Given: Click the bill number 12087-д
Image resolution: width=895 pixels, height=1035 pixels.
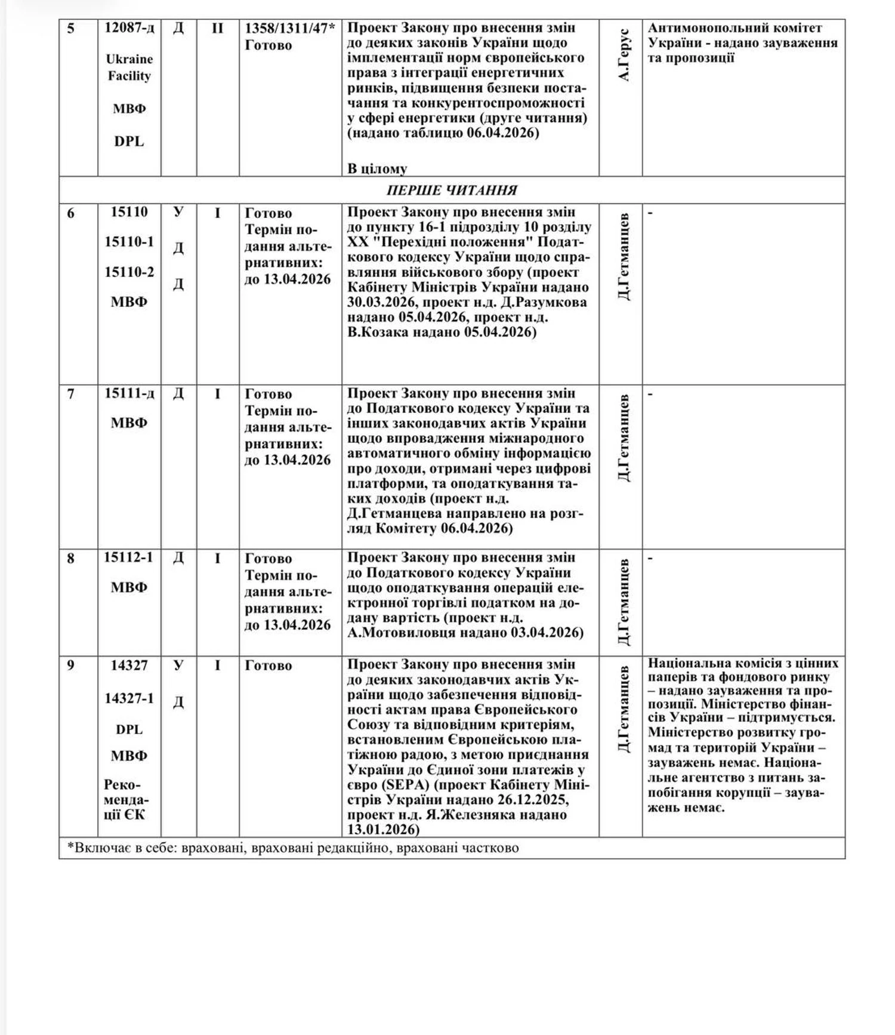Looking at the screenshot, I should (x=129, y=28).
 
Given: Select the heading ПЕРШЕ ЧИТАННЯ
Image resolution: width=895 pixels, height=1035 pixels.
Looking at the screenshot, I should (x=452, y=190).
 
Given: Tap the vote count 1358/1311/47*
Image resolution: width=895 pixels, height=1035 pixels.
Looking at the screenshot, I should (x=290, y=28).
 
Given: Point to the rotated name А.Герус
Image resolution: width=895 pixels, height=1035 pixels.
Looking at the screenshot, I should (x=624, y=54).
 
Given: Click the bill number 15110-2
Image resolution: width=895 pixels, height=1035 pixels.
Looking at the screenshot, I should (x=129, y=272).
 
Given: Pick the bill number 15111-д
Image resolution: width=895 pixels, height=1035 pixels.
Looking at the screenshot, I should (x=129, y=393).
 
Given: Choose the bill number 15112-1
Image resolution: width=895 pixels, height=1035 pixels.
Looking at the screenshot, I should (x=129, y=557).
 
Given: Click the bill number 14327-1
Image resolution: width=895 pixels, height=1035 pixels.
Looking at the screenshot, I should (x=129, y=698).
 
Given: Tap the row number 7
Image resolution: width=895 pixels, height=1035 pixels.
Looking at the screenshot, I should (x=71, y=394).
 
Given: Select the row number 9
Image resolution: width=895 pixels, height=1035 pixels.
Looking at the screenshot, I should (x=71, y=665).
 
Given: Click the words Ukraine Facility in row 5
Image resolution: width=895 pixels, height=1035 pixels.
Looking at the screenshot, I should (x=129, y=67).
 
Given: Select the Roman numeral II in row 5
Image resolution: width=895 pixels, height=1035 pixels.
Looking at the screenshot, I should (x=217, y=28).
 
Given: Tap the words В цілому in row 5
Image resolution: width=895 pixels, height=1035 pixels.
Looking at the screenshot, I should (x=377, y=169).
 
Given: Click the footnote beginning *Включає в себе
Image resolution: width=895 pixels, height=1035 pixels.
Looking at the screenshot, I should (x=293, y=848).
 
